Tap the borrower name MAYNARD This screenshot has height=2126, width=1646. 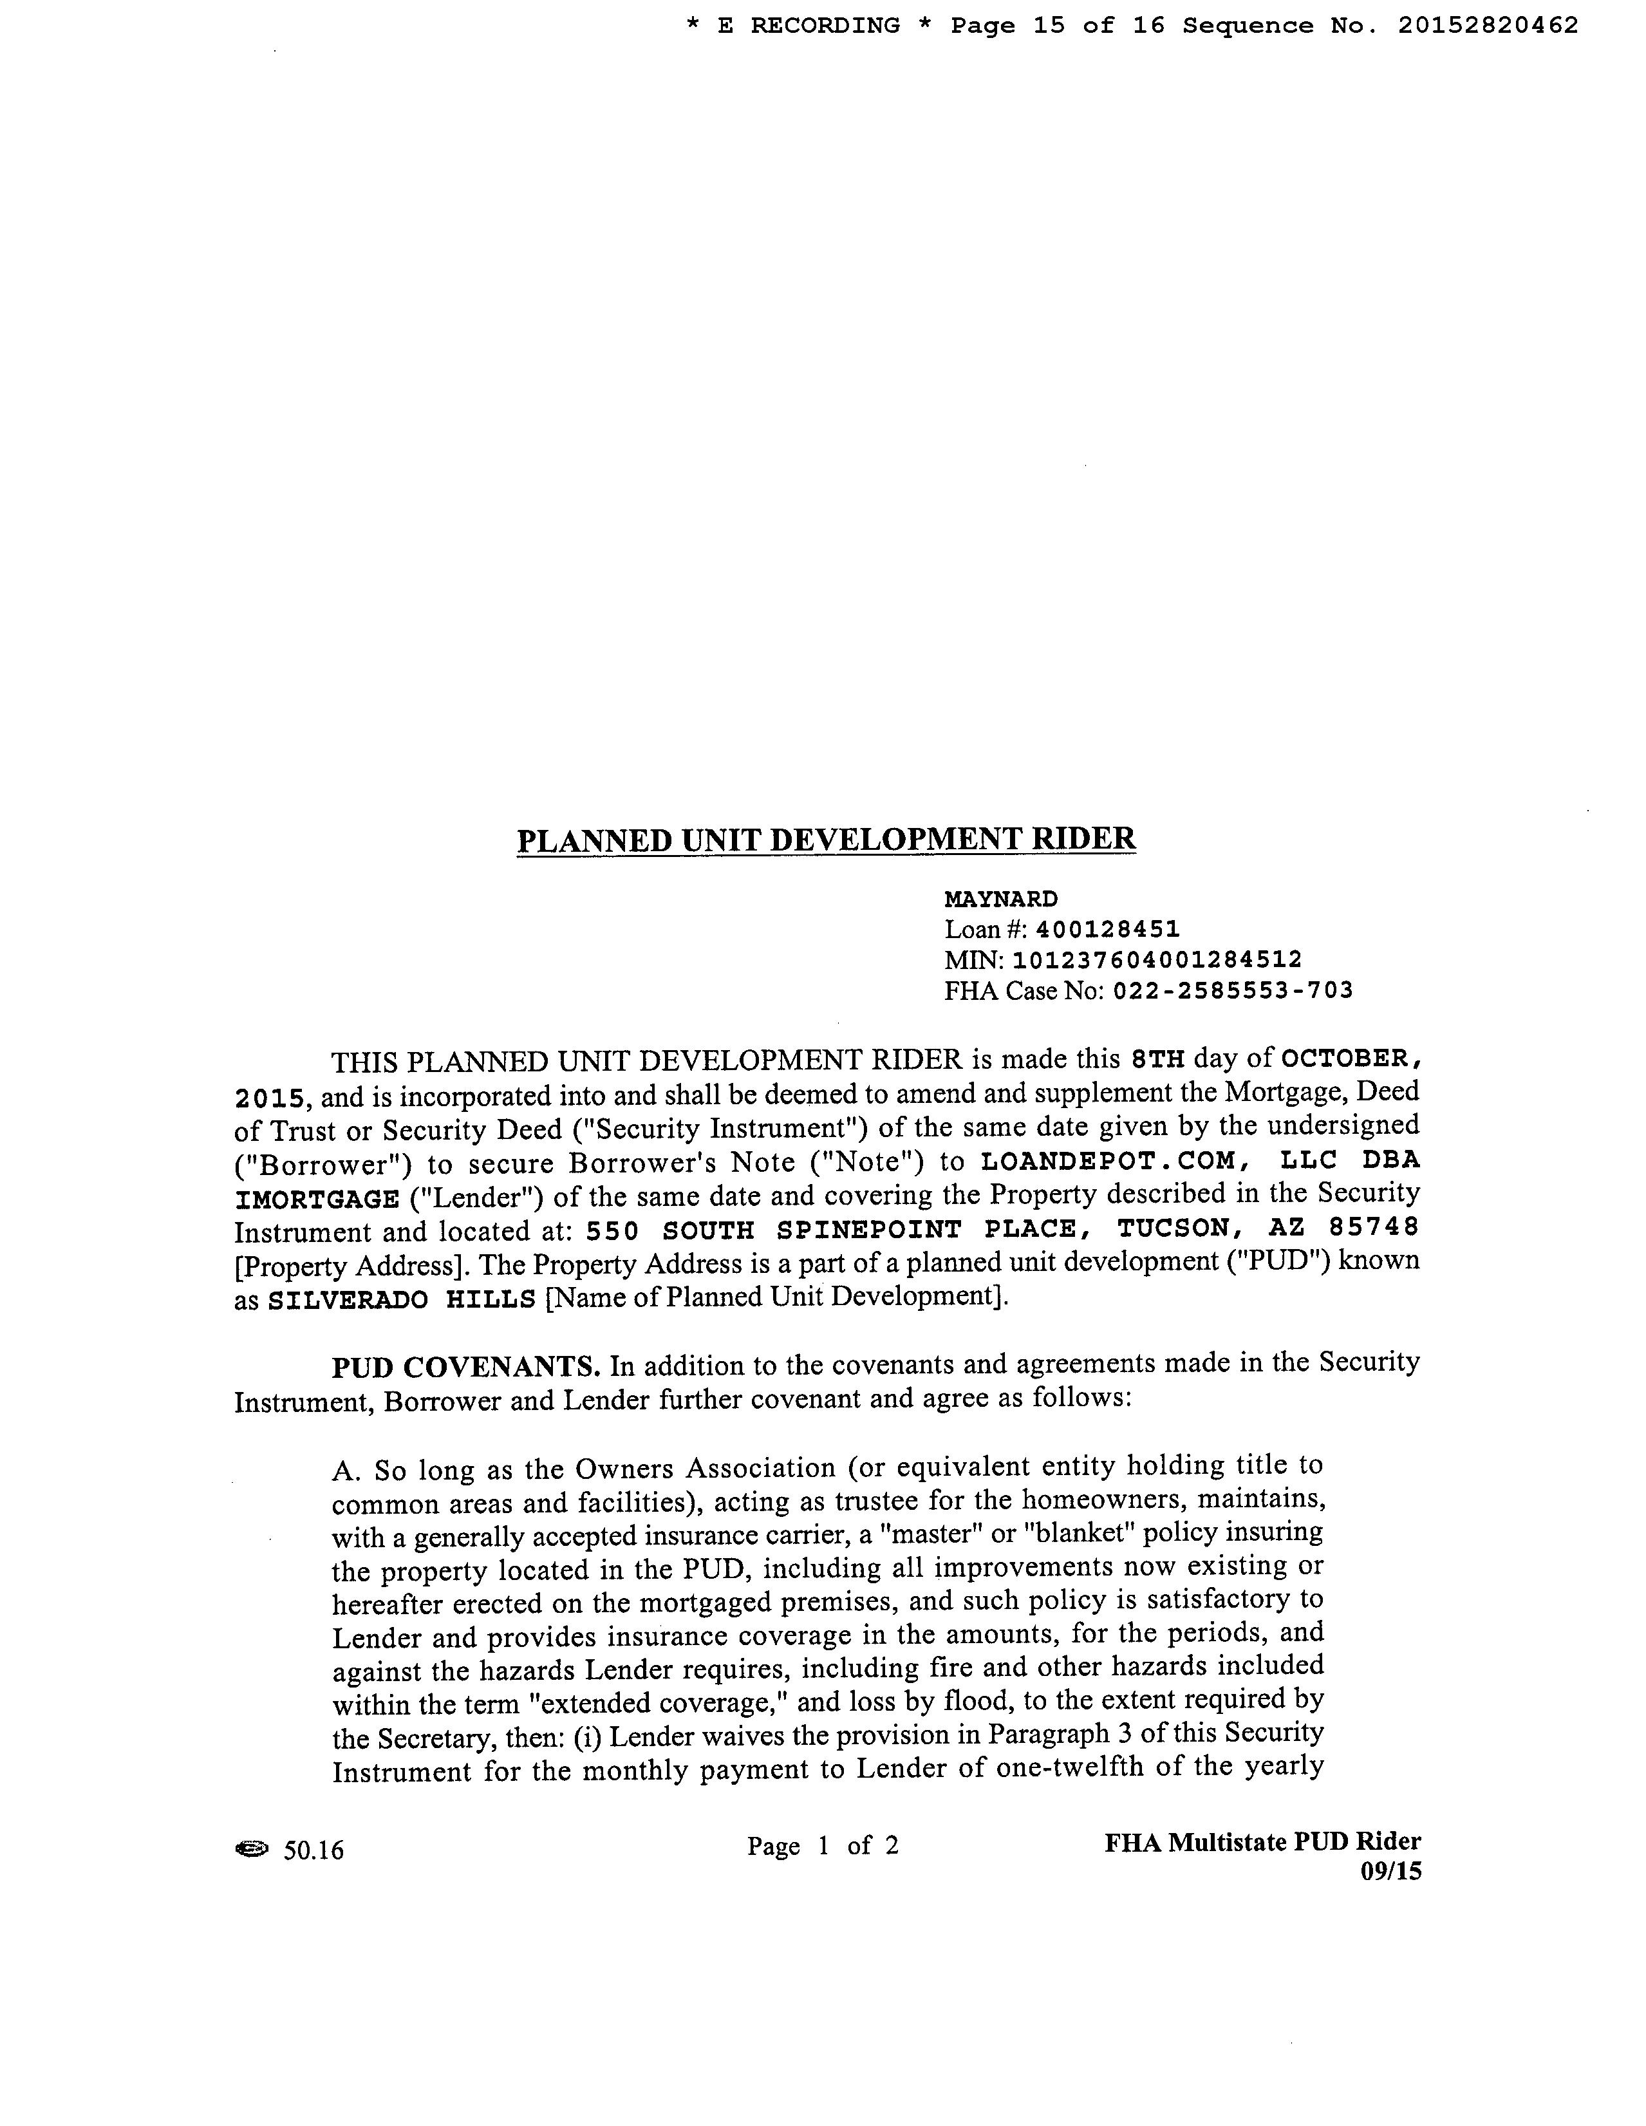click(x=1000, y=898)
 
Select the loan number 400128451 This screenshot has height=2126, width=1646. click(x=1108, y=930)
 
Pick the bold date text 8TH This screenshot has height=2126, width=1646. click(x=1156, y=1058)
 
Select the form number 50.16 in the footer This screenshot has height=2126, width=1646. click(x=313, y=1850)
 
